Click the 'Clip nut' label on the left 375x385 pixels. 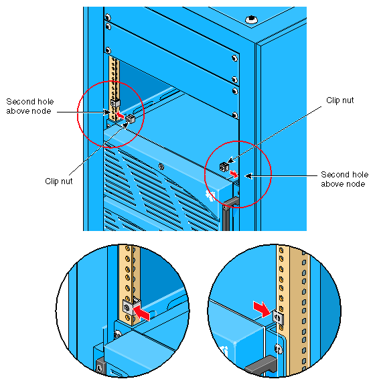[59, 181]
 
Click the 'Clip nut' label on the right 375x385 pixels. [340, 100]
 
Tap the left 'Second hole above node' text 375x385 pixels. [29, 106]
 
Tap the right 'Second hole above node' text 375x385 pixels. [345, 179]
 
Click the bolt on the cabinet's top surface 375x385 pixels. [251, 19]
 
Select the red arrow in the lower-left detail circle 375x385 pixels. [141, 312]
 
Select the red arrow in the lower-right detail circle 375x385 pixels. [262, 309]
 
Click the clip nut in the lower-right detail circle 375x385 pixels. [279, 318]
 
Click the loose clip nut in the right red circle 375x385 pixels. [224, 167]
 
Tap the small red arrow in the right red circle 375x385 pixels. [234, 173]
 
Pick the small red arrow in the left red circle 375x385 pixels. [121, 114]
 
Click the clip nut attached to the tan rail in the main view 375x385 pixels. [115, 103]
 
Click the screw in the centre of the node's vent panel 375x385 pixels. [161, 167]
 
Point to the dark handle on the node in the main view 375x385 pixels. [228, 211]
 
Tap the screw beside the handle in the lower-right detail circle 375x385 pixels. [278, 349]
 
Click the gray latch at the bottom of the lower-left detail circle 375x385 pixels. [100, 366]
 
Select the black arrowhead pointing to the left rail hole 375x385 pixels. [107, 112]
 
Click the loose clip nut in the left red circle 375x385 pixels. [131, 119]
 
